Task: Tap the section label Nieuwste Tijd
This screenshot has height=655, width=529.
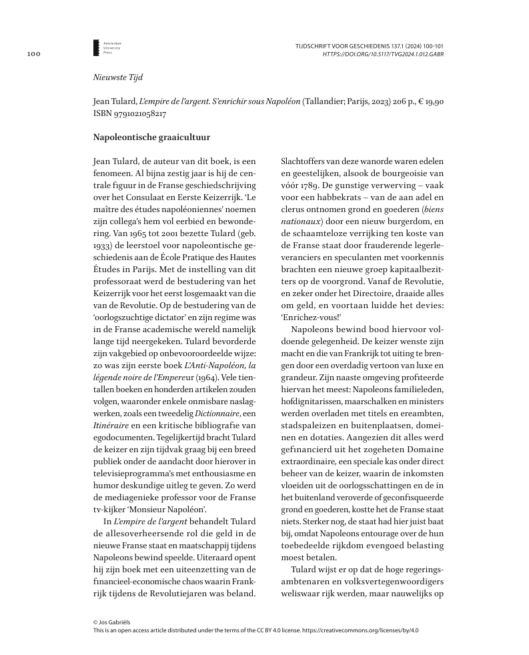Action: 113,77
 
